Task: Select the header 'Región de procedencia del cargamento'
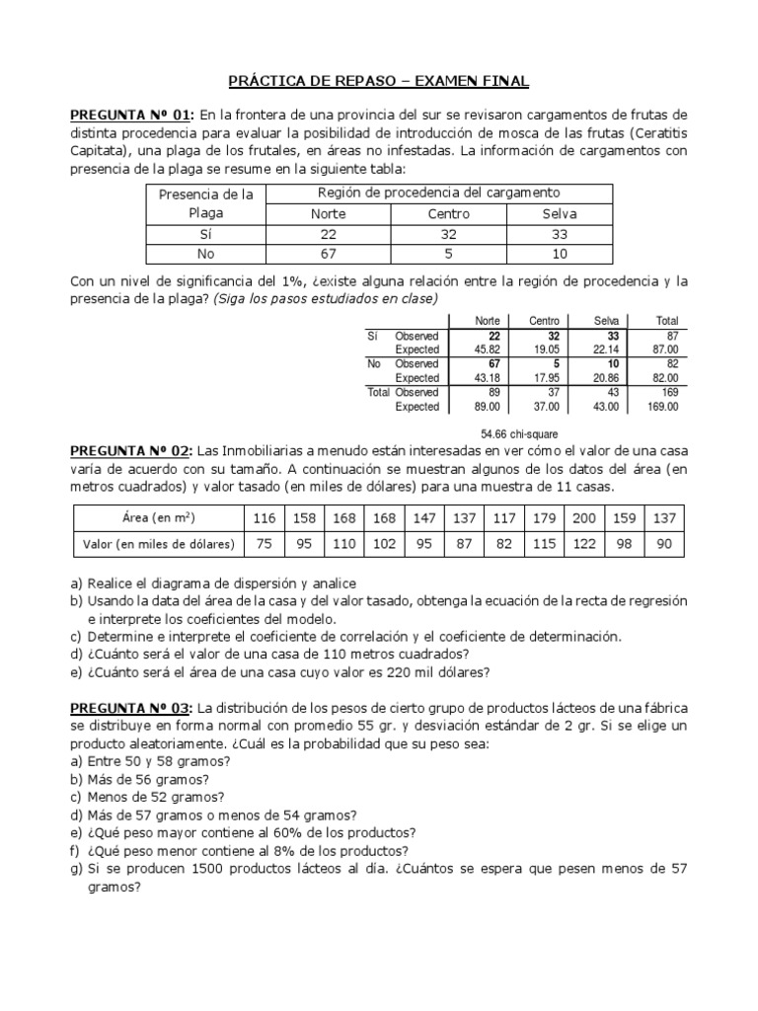point(438,193)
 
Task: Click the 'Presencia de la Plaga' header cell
point(205,203)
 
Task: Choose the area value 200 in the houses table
point(584,517)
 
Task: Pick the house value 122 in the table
point(584,543)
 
